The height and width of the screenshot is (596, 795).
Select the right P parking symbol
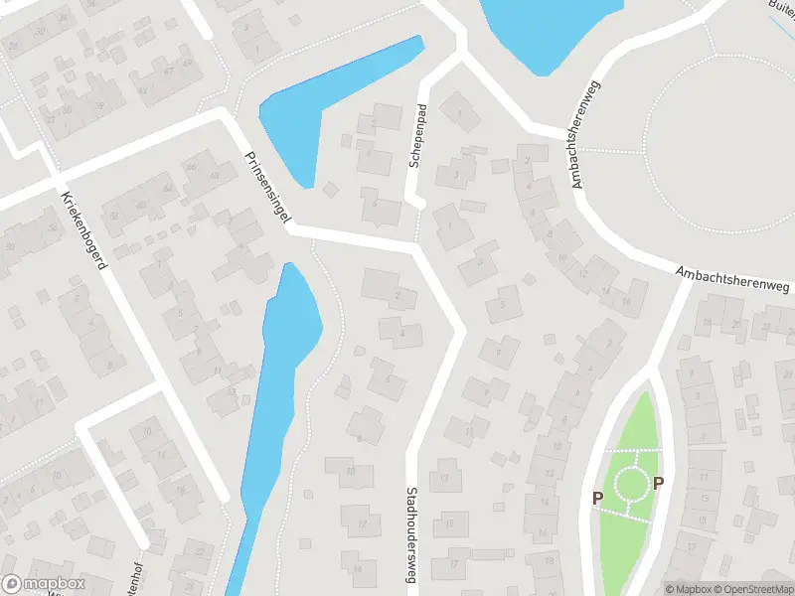coord(658,484)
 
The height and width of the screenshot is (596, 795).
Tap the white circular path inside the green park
coord(630,485)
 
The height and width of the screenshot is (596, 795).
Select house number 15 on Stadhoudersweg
coord(452,521)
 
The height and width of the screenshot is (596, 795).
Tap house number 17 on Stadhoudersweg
coord(452,563)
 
